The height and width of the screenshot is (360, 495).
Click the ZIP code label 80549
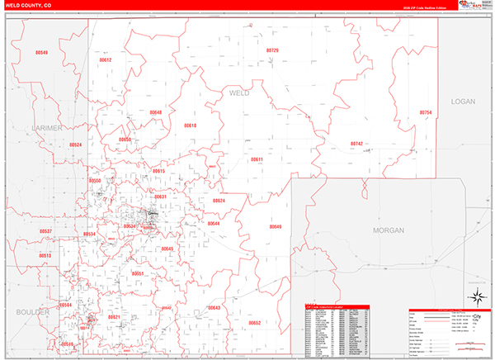point(42,53)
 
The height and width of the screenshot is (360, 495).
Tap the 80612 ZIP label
point(106,60)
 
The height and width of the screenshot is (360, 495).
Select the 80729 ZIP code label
point(272,51)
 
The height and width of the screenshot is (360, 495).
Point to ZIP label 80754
point(425,111)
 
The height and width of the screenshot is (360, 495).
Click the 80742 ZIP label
point(356,144)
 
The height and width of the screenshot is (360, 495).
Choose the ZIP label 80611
point(257,159)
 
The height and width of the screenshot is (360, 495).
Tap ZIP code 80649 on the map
point(275,226)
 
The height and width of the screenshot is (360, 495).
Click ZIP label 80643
point(214,307)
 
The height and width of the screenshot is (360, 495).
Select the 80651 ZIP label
point(138,273)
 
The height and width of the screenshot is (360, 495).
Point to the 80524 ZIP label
point(75,144)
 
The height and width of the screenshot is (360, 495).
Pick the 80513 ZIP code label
point(45,256)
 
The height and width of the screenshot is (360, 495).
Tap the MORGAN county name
point(388,230)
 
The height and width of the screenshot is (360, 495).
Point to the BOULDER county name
point(32,312)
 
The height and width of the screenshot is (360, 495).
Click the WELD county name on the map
point(238,93)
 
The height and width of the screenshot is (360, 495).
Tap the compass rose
point(477,296)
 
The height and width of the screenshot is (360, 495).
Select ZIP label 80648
point(156,112)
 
